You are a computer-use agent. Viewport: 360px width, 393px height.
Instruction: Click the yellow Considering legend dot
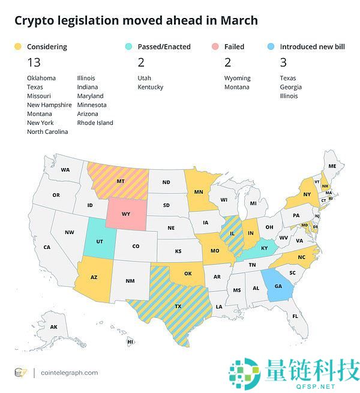click(18, 46)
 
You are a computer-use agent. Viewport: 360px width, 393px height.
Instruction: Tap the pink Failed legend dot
click(215, 46)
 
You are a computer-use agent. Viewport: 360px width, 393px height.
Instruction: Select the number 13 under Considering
click(35, 62)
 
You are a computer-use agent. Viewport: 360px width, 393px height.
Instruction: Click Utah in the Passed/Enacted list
click(145, 78)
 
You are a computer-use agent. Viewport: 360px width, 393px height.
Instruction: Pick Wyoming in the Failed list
click(238, 78)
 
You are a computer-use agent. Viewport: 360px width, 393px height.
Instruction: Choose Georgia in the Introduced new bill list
click(291, 87)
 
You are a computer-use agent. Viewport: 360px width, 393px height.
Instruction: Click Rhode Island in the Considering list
click(95, 122)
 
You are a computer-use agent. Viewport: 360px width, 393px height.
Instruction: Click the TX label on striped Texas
click(178, 306)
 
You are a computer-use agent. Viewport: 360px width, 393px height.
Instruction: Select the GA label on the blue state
click(278, 287)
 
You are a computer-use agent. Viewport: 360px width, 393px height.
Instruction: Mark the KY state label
click(265, 247)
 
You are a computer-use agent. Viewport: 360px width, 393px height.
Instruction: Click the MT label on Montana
click(121, 181)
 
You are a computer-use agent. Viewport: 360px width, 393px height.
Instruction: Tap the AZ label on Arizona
click(94, 277)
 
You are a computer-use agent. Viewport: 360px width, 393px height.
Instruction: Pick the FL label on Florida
click(296, 316)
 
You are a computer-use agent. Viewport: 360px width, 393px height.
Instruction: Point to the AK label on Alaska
click(53, 327)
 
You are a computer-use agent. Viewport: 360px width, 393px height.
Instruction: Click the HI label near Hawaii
click(130, 341)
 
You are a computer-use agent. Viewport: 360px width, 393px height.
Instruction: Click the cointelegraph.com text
click(69, 373)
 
